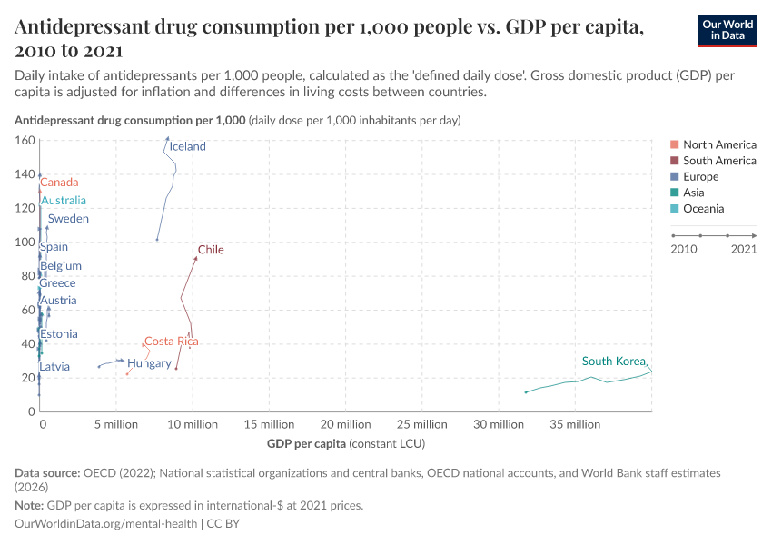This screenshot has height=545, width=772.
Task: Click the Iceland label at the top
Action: [187, 146]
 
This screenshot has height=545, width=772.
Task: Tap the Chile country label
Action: [211, 250]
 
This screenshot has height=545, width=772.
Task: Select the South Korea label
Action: [613, 362]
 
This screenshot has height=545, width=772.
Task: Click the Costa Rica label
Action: [171, 342]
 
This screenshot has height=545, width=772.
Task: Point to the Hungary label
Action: [149, 363]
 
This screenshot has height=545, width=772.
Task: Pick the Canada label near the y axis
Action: [59, 183]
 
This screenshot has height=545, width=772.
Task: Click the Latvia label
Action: [54, 367]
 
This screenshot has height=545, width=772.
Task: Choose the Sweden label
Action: [68, 219]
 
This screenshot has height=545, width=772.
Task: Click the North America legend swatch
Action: [674, 144]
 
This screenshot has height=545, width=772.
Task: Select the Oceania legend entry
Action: [703, 209]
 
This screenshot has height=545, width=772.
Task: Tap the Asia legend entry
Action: [695, 193]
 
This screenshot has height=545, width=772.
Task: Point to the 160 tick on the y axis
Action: [25, 141]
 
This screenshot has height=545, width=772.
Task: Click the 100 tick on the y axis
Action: [25, 243]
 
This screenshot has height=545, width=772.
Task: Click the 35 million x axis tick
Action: [576, 424]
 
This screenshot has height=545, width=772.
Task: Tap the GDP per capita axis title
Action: [306, 443]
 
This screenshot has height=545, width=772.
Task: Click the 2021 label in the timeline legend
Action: [744, 249]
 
